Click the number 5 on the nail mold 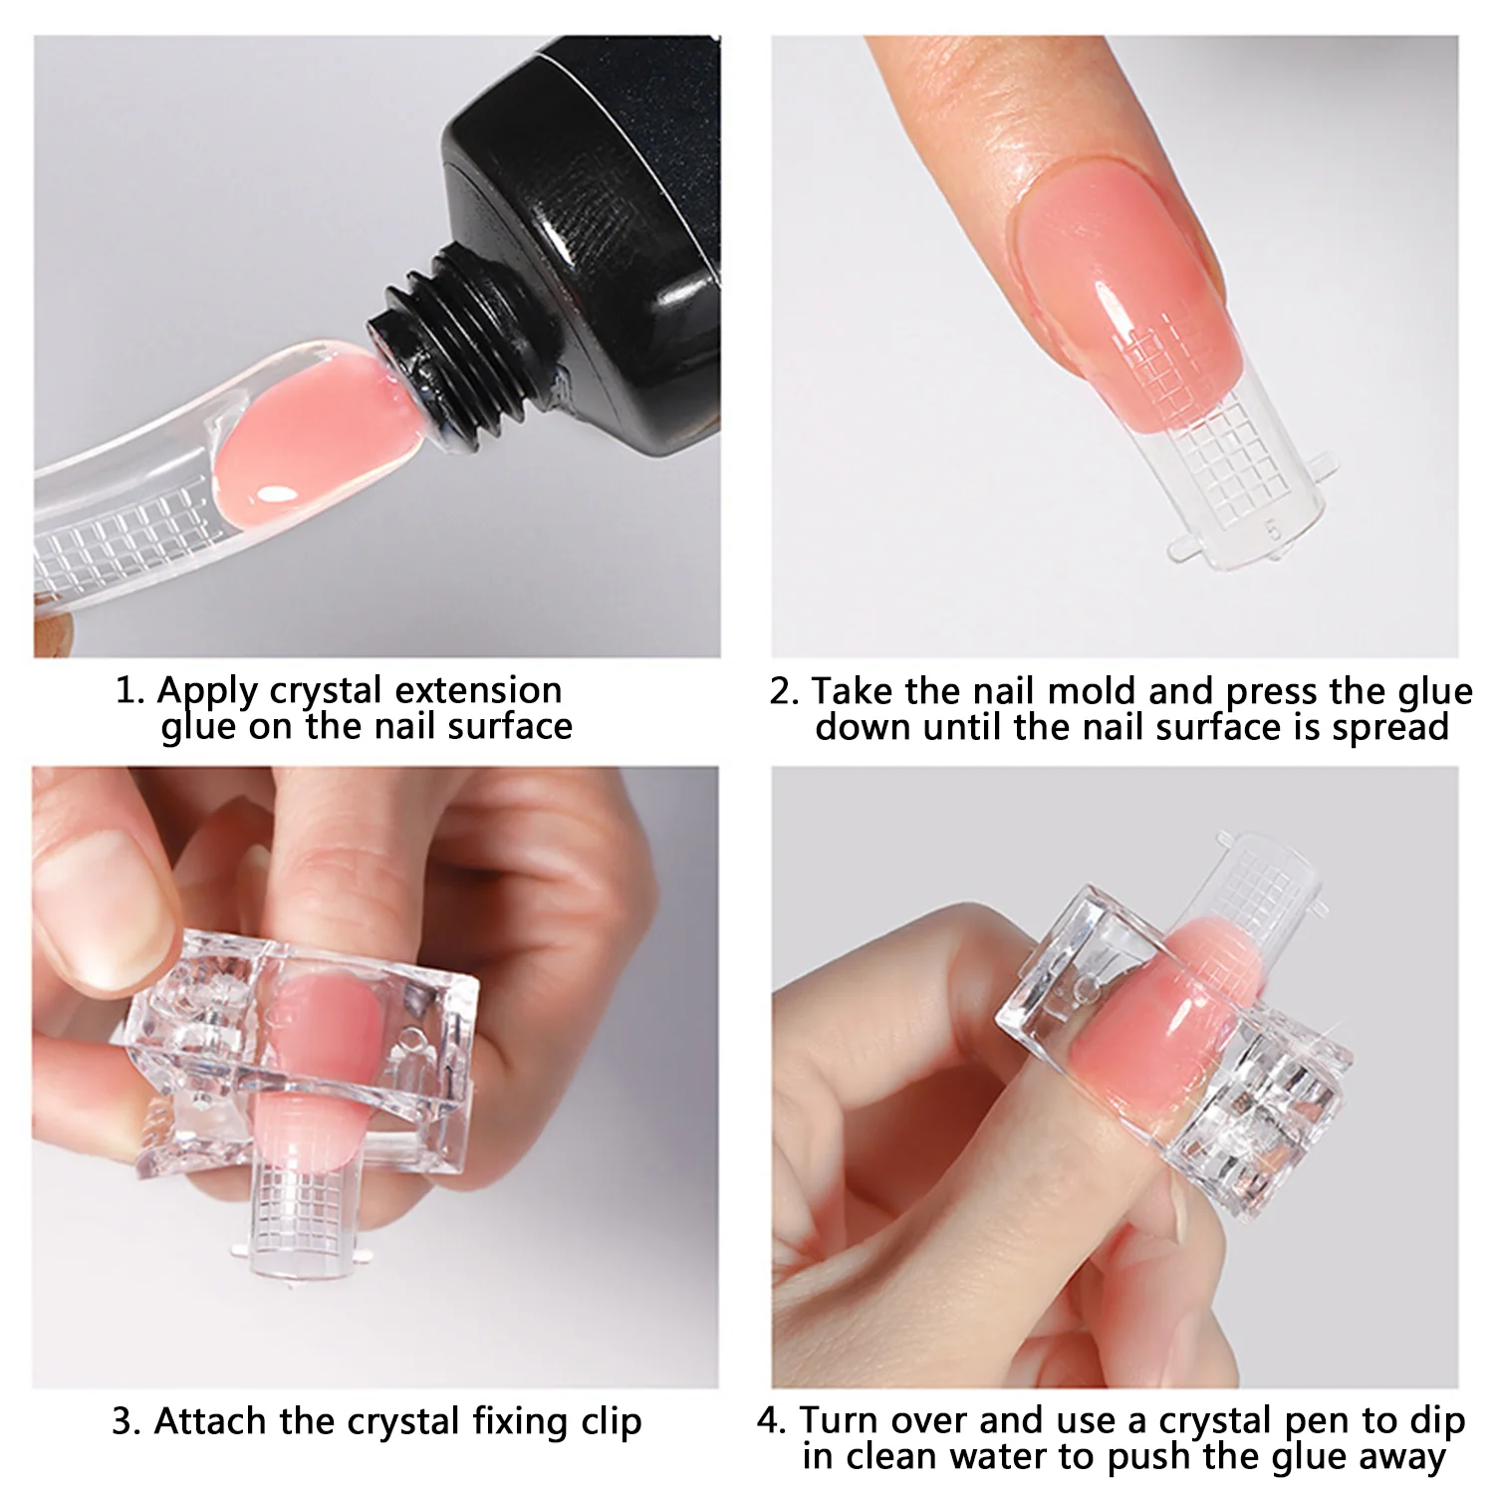[1272, 529]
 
